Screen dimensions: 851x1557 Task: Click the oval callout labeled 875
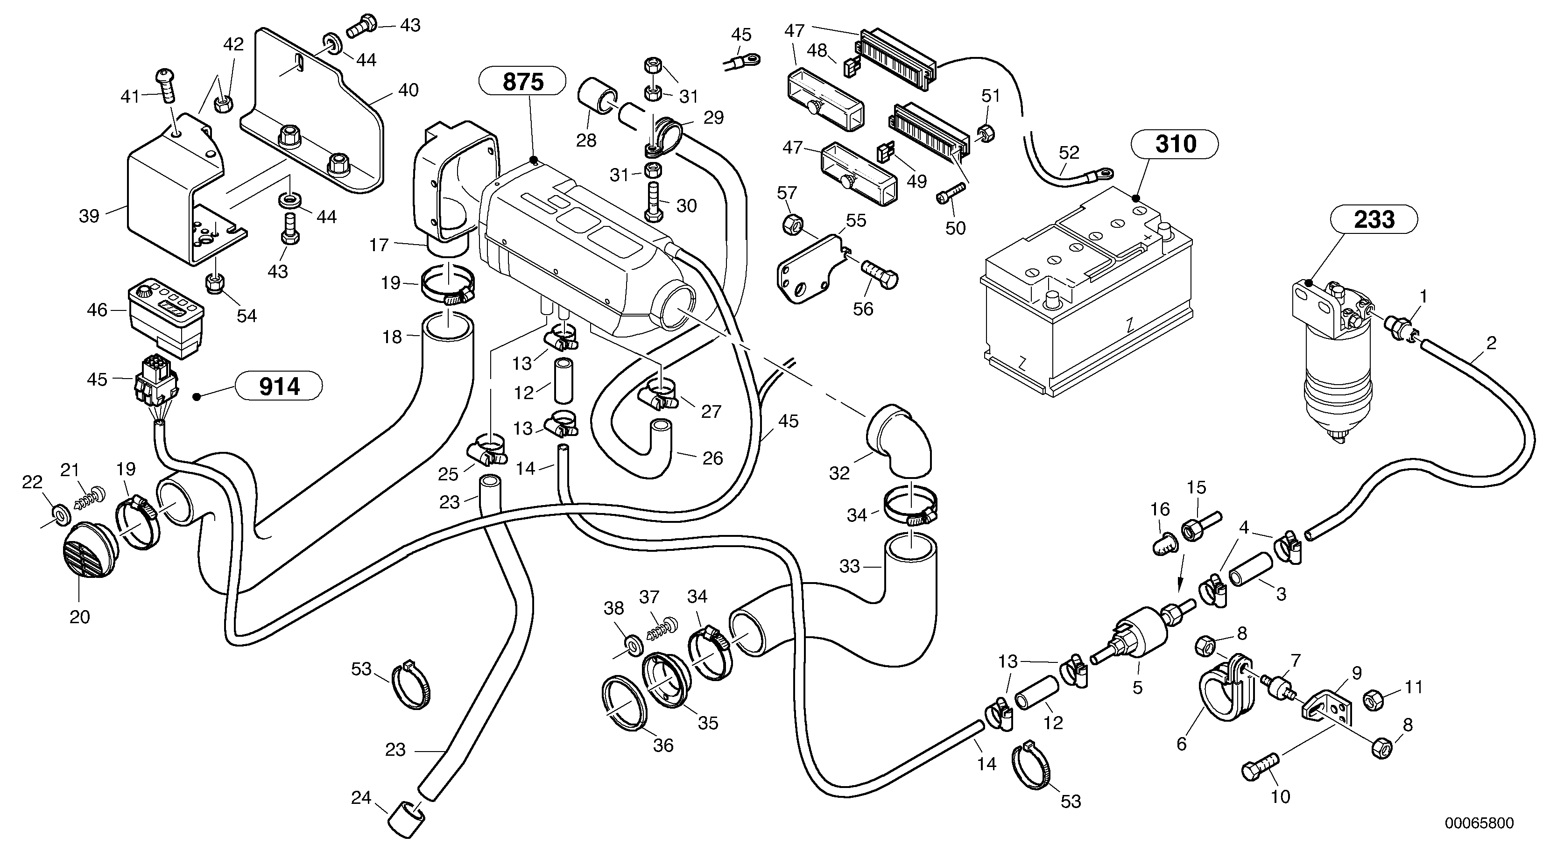[523, 82]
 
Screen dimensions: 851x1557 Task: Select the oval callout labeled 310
[1175, 144]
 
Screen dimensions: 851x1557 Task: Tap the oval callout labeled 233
[1374, 219]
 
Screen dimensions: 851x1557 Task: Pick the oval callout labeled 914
[279, 386]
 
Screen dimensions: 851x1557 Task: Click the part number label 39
[89, 216]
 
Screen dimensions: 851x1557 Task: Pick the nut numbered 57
[792, 225]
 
